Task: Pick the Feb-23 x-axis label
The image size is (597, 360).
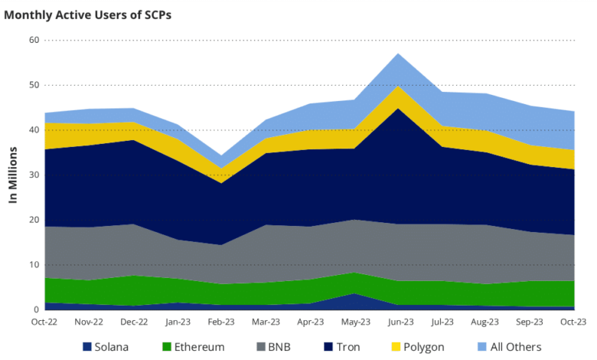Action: [222, 322]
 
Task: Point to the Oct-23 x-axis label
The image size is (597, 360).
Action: [575, 322]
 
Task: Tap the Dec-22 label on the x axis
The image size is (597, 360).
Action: [134, 322]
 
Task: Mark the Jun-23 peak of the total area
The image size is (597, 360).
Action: [397, 54]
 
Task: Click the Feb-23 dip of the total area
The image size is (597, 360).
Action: [222, 155]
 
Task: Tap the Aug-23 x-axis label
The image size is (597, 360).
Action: [485, 322]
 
